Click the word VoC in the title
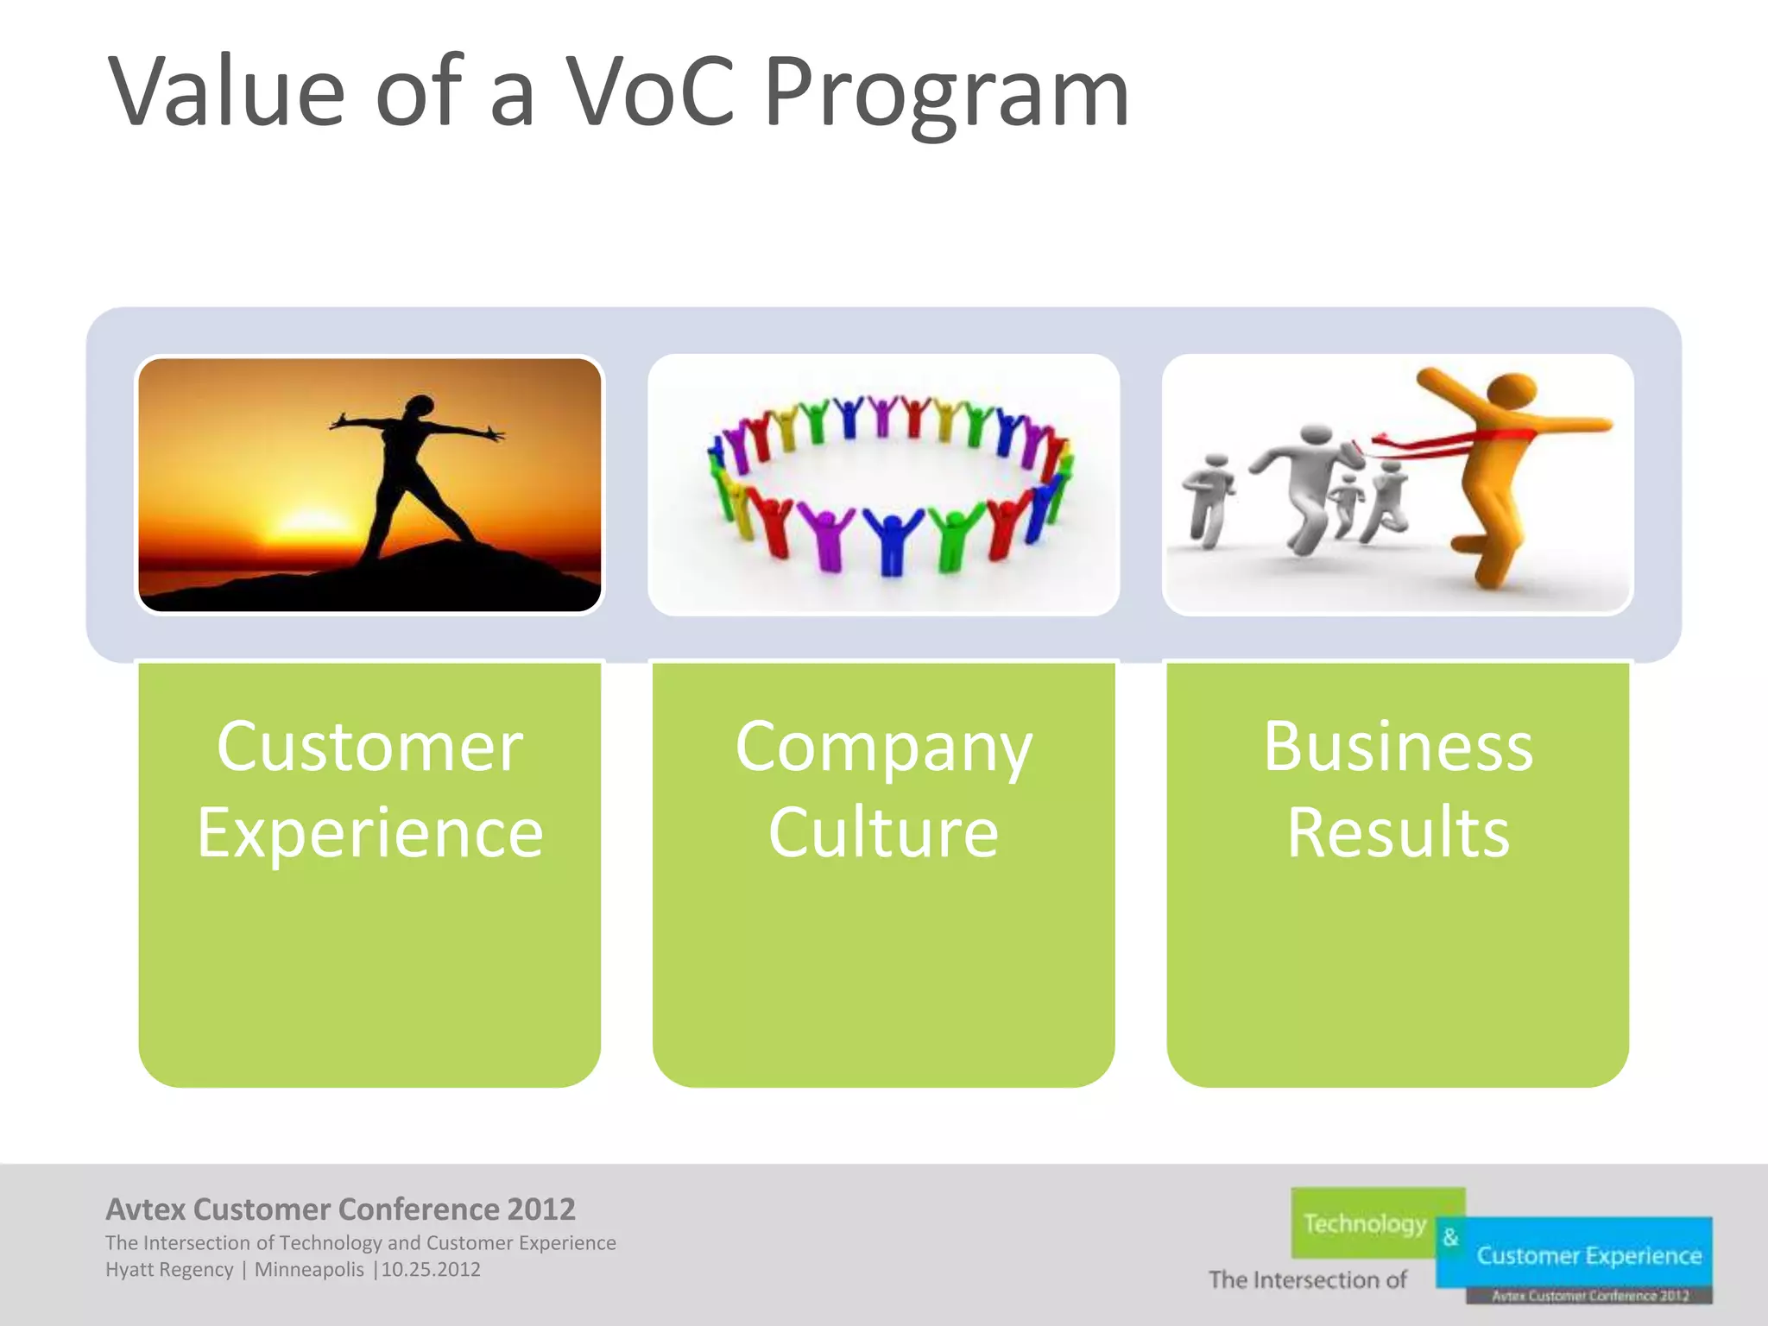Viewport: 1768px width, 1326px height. [x=649, y=92]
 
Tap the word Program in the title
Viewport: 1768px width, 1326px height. [x=946, y=92]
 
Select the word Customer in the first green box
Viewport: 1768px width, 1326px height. [x=369, y=748]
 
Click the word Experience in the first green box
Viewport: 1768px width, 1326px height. [x=369, y=834]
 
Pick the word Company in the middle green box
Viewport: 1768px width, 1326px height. [x=883, y=748]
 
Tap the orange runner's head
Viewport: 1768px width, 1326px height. [x=1511, y=393]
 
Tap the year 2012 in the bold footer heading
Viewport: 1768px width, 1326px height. [x=541, y=1209]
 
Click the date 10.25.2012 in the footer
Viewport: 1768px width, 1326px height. [x=431, y=1270]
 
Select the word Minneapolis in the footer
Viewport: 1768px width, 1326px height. [x=309, y=1270]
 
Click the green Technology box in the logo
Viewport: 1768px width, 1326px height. [x=1366, y=1223]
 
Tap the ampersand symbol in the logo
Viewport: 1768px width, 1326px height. [x=1450, y=1237]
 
